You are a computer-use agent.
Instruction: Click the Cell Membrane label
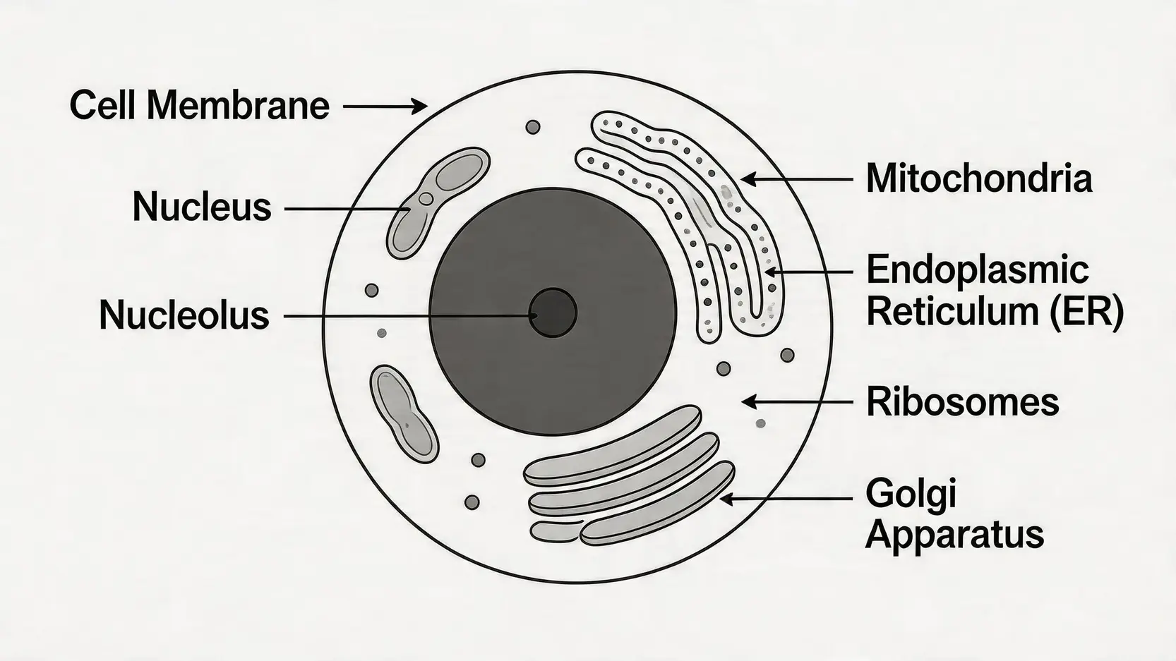(200, 106)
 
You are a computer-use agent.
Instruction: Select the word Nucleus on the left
(202, 207)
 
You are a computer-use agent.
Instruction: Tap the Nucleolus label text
(184, 315)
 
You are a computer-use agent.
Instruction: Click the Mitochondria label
(979, 178)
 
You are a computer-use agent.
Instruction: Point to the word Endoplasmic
(978, 270)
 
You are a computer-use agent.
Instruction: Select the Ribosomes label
(962, 402)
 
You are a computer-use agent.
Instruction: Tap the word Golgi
(911, 493)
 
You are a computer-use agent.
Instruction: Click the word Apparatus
(954, 534)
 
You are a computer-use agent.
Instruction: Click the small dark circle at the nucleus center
(553, 313)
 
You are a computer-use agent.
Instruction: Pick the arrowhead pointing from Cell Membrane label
(419, 107)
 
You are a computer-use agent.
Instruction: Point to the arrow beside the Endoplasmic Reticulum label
(809, 271)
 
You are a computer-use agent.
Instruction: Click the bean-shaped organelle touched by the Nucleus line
(438, 200)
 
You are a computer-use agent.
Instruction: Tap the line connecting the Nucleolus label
(409, 315)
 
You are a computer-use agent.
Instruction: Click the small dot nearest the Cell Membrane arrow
(533, 127)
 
